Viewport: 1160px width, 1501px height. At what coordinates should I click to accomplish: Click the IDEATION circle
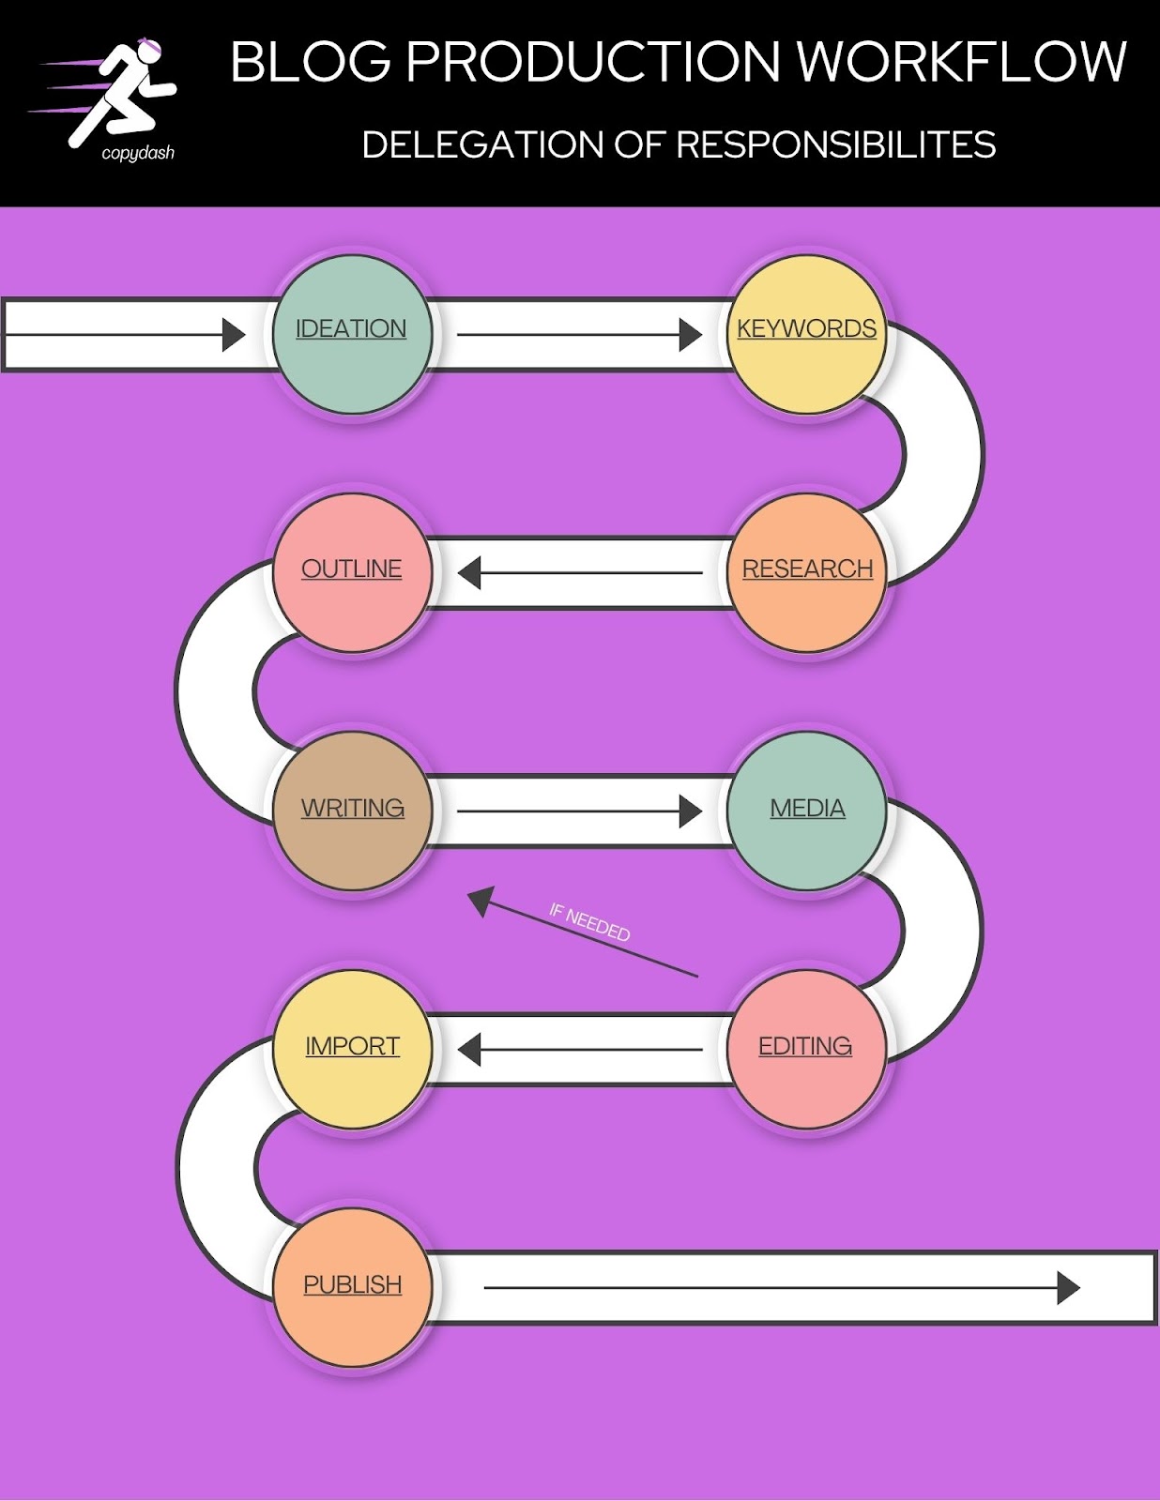tap(352, 334)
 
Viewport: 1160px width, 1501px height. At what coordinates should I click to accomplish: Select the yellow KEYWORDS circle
tap(806, 334)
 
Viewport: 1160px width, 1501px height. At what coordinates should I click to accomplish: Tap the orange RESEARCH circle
tap(806, 572)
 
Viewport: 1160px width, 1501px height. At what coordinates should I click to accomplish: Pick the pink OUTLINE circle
tap(352, 572)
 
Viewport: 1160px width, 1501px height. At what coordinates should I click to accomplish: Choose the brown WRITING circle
tap(352, 811)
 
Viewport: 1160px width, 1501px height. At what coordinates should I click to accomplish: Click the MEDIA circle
tap(806, 811)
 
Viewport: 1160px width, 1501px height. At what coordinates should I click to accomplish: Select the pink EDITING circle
tap(806, 1049)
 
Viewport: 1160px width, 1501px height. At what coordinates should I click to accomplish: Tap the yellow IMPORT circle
tap(352, 1049)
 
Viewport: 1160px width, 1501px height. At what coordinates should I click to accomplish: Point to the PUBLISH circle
tap(352, 1287)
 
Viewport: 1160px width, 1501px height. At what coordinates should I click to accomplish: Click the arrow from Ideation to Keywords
tap(580, 335)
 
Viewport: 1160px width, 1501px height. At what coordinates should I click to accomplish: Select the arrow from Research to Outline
tap(580, 572)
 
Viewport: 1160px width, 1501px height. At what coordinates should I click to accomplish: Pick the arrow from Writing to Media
tap(580, 811)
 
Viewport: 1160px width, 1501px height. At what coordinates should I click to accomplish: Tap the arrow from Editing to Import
tap(580, 1050)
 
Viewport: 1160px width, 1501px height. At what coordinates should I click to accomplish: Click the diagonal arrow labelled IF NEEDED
tap(583, 932)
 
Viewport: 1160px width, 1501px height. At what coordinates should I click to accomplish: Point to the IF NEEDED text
tap(589, 922)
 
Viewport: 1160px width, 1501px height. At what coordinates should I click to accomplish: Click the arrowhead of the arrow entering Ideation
tap(234, 335)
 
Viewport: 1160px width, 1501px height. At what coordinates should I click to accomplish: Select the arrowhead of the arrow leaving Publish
tap(1069, 1287)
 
